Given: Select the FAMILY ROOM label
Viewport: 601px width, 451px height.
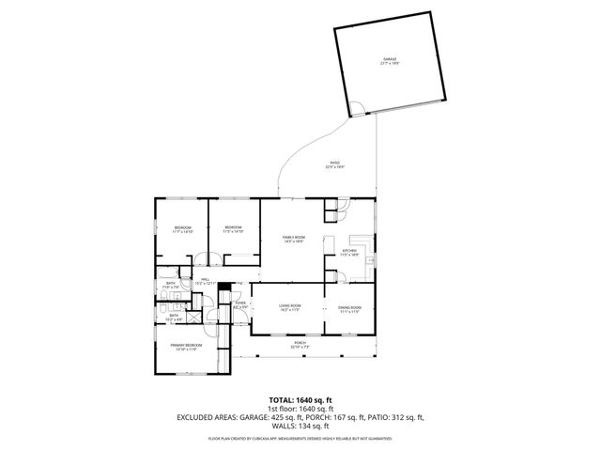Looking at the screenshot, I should pos(294,239).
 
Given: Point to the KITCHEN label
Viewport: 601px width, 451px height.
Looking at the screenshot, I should pos(349,253).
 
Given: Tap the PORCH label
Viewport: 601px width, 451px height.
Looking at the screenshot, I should pos(300,346).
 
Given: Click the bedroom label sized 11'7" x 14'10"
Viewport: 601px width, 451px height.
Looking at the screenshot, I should pos(182,229).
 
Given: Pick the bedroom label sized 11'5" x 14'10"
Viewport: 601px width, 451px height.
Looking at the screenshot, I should pos(233,229).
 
